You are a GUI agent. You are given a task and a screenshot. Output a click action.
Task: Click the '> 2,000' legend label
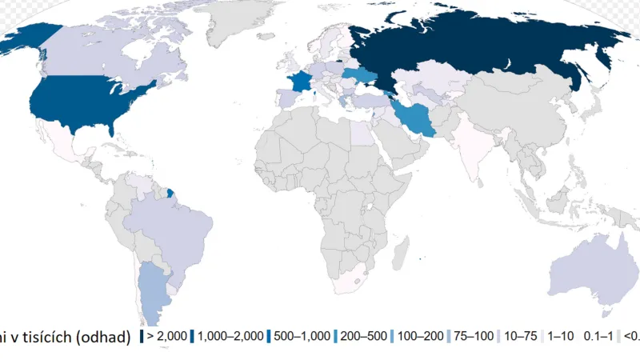point(166,337)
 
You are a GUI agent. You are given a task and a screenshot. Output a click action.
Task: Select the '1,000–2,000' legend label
point(230,337)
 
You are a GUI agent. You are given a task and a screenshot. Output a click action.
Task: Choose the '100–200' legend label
point(422,337)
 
